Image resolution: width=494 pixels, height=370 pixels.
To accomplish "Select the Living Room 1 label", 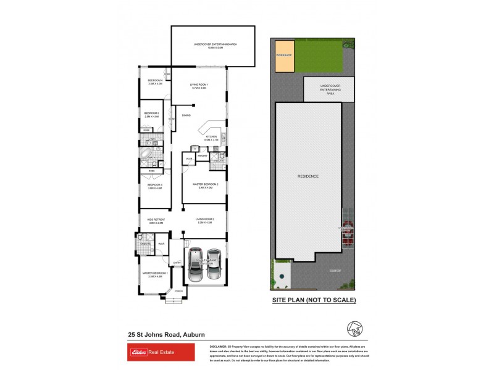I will (199, 86).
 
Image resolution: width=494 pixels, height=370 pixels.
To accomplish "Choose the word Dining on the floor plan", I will (186, 115).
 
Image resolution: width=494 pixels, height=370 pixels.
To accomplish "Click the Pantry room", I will (202, 156).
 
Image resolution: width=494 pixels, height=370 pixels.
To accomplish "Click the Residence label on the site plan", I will (308, 176).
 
